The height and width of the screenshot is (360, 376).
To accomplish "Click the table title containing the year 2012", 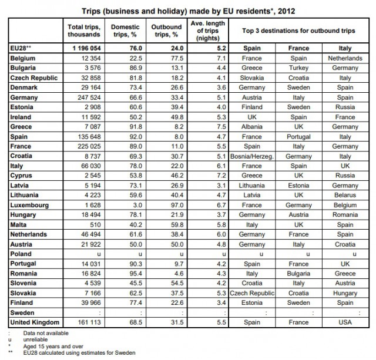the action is click(x=188, y=11).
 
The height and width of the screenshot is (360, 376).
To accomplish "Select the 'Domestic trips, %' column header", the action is click(x=125, y=31).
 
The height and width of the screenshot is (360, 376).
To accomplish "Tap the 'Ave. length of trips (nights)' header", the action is click(x=208, y=31).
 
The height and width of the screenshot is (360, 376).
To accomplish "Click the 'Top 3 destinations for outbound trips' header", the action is click(x=298, y=31).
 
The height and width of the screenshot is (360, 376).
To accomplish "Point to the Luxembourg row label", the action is click(x=29, y=205).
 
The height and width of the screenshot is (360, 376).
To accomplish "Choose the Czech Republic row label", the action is click(x=34, y=78).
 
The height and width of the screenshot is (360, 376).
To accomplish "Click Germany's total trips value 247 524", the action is click(x=89, y=97).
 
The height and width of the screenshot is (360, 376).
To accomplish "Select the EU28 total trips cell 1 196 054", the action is click(x=86, y=48).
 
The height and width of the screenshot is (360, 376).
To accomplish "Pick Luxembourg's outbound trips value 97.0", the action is click(x=177, y=205).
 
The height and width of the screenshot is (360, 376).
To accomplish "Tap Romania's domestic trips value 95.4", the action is click(x=136, y=274).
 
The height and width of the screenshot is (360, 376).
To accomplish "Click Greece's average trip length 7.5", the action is click(x=221, y=127).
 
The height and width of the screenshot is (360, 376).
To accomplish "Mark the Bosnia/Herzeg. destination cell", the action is click(x=252, y=157).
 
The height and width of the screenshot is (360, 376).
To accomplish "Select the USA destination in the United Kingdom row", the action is click(x=345, y=322).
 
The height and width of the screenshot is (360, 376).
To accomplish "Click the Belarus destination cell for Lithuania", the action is click(x=345, y=195).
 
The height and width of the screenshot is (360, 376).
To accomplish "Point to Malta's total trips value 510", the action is click(x=95, y=225).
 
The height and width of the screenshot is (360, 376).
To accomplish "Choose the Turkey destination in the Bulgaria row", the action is click(x=298, y=68).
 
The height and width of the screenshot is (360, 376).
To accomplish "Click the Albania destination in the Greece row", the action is click(x=252, y=127).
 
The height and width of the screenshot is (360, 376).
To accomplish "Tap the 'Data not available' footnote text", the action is click(x=46, y=333).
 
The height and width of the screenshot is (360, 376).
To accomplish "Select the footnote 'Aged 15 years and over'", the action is click(x=53, y=346).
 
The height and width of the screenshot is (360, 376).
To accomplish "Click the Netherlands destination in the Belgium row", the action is click(x=345, y=58).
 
